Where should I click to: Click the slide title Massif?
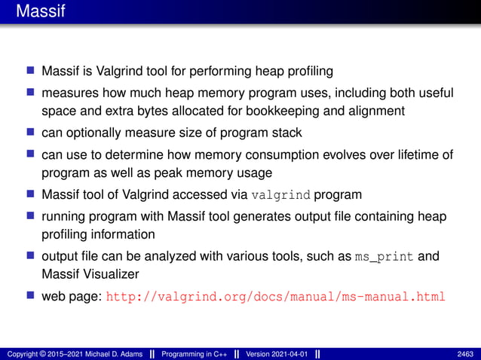coord(35,12)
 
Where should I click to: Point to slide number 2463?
coord(465,353)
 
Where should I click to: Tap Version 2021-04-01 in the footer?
coord(278,353)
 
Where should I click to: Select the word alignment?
coord(377,111)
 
